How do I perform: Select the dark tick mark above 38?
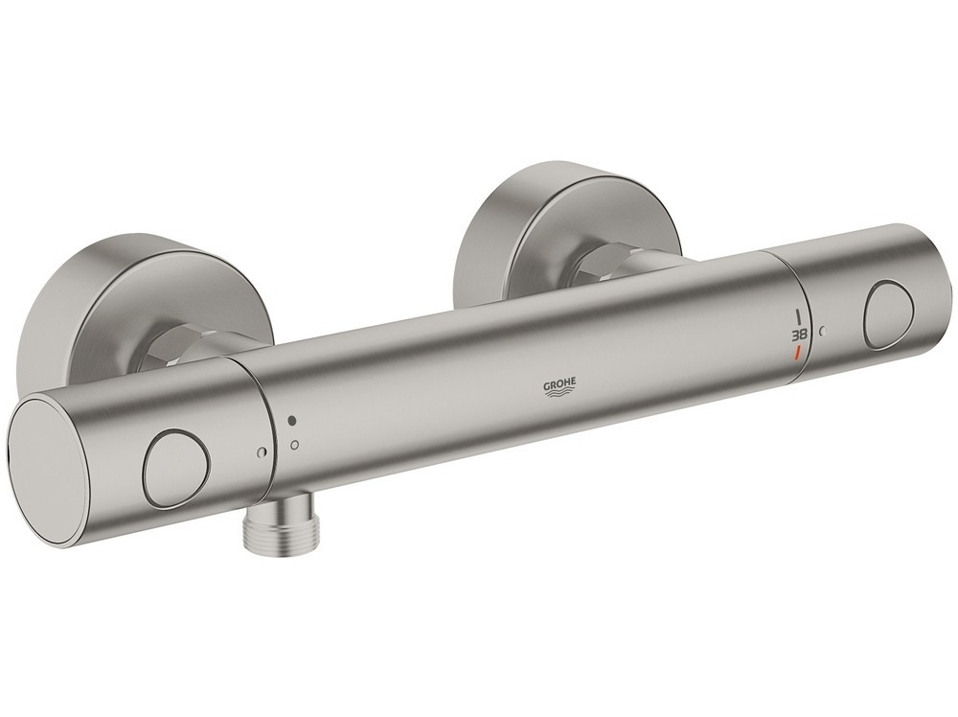[x=798, y=317]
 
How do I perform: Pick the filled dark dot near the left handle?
[x=292, y=422]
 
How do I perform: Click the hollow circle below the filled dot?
[x=294, y=444]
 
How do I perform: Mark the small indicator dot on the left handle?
[x=261, y=452]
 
